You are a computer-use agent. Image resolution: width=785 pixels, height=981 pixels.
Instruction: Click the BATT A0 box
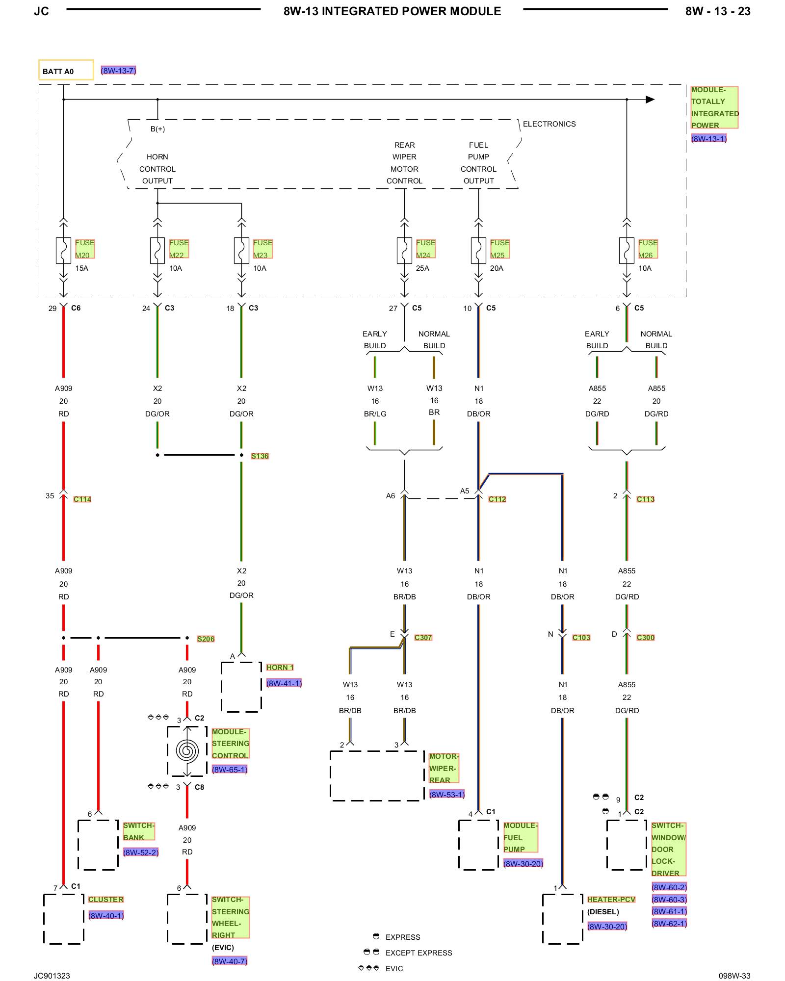[x=66, y=70]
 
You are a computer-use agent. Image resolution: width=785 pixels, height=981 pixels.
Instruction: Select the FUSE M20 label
[x=84, y=249]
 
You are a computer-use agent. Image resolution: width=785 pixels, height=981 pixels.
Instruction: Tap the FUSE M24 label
[x=425, y=249]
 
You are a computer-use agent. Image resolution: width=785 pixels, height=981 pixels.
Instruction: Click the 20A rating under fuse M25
[x=497, y=268]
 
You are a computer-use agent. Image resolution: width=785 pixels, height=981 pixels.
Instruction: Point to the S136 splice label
[x=260, y=456]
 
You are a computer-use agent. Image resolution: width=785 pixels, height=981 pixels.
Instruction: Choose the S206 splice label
[x=206, y=639]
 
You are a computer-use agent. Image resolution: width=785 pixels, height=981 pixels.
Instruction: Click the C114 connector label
[x=82, y=499]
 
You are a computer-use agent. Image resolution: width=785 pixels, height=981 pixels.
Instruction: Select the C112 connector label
[x=497, y=499]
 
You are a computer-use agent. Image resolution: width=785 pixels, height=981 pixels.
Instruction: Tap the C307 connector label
[x=423, y=638]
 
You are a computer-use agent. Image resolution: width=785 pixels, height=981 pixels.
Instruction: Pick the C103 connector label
[x=581, y=638]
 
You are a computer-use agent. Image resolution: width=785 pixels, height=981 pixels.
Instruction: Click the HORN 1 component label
[x=280, y=668]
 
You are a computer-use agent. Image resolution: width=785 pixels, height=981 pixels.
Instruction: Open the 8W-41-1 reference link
[x=284, y=683]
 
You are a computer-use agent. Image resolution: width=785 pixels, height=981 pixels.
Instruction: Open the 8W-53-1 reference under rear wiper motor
[x=447, y=795]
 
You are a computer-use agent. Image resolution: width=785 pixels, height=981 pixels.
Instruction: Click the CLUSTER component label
[x=106, y=900]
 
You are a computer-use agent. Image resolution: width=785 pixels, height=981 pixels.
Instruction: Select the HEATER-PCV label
[x=611, y=900]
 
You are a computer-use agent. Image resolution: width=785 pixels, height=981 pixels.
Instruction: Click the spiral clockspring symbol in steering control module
[x=187, y=751]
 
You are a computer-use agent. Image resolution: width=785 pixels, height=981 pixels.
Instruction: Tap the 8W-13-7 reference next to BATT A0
[x=118, y=71]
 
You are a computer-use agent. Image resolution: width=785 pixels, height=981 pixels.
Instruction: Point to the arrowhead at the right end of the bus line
[x=650, y=100]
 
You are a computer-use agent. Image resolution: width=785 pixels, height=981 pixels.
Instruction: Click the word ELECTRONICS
[x=549, y=124]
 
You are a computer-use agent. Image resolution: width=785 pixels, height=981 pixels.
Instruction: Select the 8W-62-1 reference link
[x=669, y=924]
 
